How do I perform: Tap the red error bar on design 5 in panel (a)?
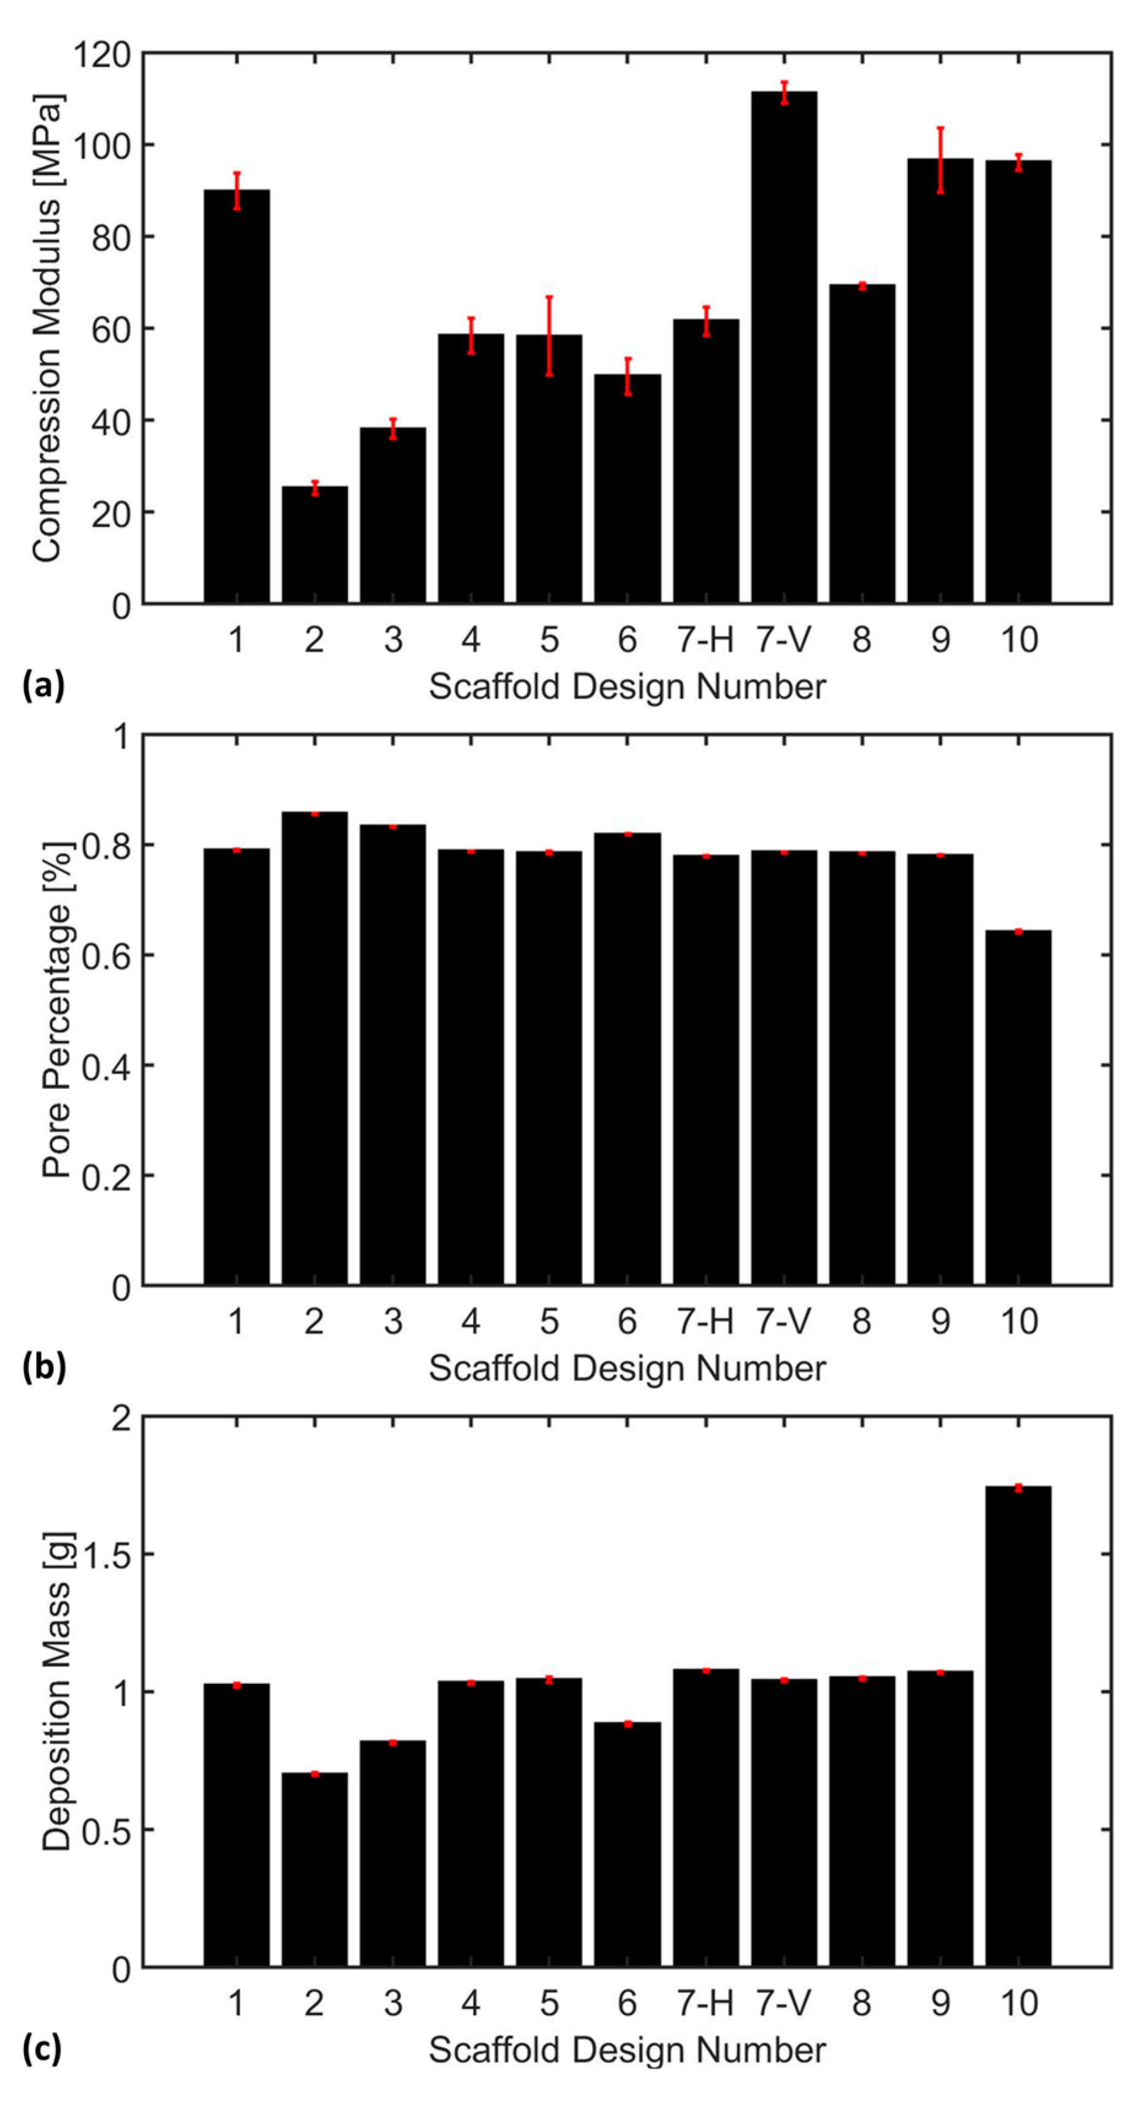pyautogui.click(x=549, y=335)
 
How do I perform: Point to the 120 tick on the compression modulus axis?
pyautogui.click(x=101, y=55)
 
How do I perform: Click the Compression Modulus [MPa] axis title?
pyautogui.click(x=47, y=329)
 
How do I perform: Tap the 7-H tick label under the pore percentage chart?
pyautogui.click(x=705, y=1322)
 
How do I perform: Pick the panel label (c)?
pyautogui.click(x=42, y=2048)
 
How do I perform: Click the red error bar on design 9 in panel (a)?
pyautogui.click(x=940, y=160)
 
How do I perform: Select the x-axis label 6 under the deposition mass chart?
pyautogui.click(x=626, y=2003)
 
